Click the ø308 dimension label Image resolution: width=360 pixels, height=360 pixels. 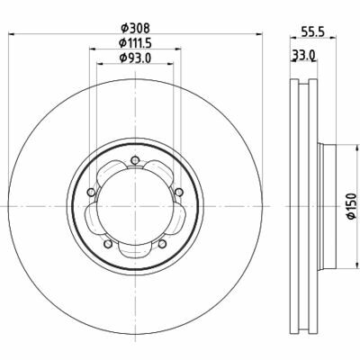pos(135,28)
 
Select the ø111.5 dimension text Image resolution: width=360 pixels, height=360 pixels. pos(135,43)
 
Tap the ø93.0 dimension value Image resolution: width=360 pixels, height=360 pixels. pos(135,58)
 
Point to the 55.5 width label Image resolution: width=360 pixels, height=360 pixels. pos(313,32)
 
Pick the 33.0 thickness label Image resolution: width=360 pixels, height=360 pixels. pos(303,55)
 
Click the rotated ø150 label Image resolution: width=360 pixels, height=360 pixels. pos(352,206)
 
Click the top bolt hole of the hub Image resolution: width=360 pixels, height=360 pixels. pos(135,160)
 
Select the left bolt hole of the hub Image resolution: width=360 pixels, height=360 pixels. pos(90,192)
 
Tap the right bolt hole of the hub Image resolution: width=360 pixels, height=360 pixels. pos(179,192)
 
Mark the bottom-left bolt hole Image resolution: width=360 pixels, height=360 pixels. pos(108,244)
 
